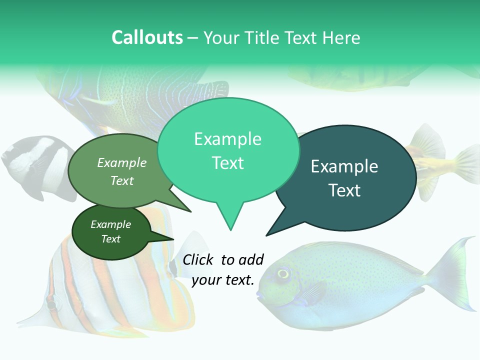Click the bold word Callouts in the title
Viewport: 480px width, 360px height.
[x=147, y=37]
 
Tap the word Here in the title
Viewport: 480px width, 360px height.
[x=341, y=37]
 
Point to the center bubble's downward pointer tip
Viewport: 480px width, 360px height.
[x=230, y=229]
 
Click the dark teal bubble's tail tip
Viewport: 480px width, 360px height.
[x=267, y=235]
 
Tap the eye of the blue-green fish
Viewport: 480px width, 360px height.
[x=283, y=273]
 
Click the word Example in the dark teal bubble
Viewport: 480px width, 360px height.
[x=344, y=166]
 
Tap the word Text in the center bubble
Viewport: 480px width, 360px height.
[x=228, y=163]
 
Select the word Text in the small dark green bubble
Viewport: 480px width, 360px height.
[x=111, y=239]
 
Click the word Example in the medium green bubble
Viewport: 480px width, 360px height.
[x=122, y=162]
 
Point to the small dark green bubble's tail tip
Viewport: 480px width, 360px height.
[x=173, y=239]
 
